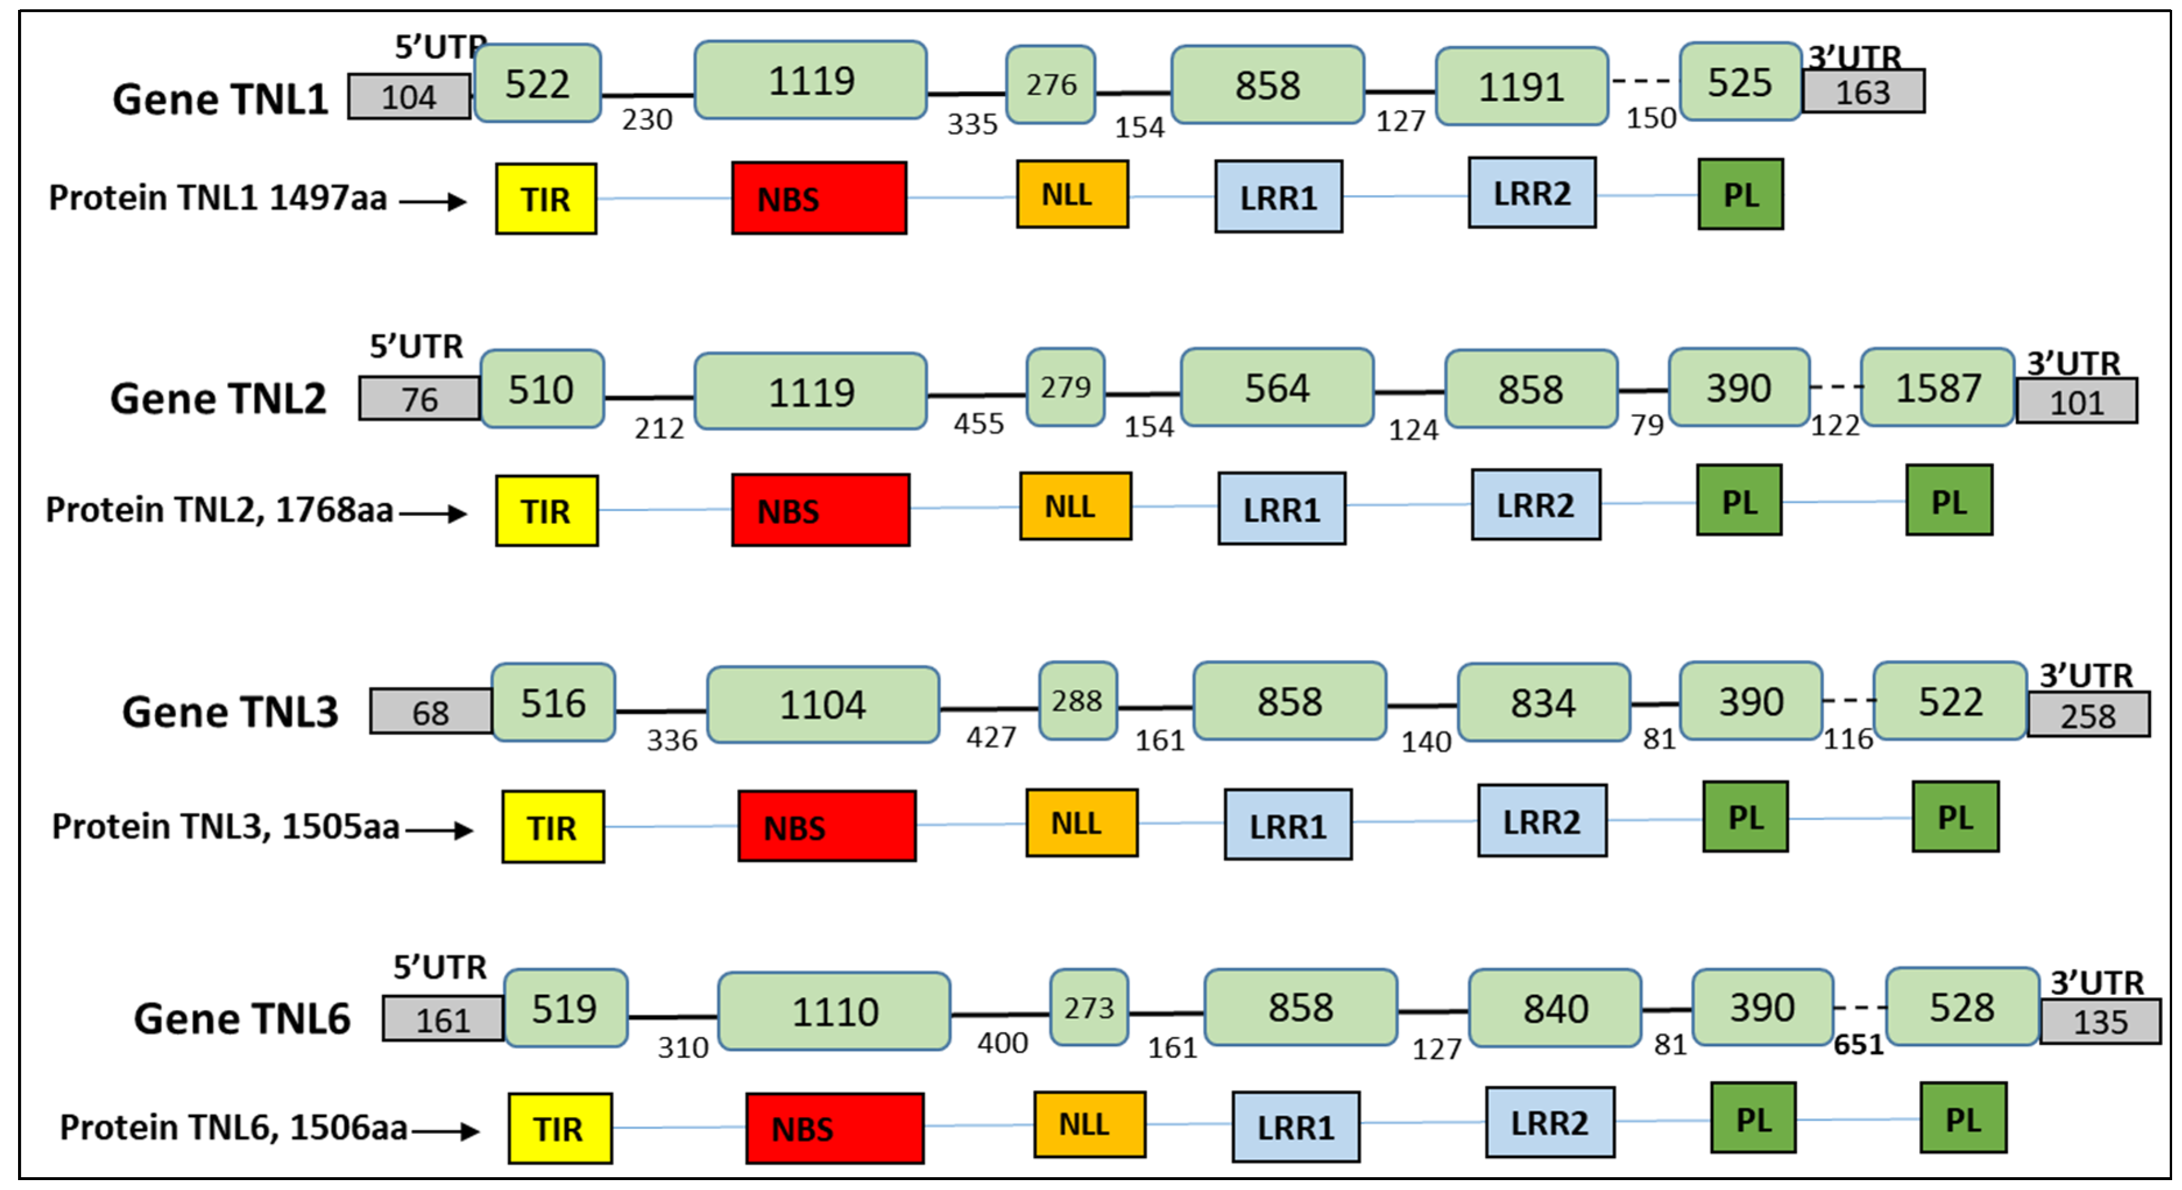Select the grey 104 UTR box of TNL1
pos(409,97)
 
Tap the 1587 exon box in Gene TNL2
pos(1937,388)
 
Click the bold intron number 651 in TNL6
pos(1858,1044)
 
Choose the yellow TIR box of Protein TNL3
pos(552,827)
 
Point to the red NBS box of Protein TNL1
pos(819,198)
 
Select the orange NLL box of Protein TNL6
pos(1089,1124)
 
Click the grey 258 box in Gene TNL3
pos(2088,716)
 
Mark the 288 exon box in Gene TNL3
pos(1078,700)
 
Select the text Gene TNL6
pos(242,1018)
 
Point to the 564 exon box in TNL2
pos(1277,388)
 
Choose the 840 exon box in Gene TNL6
pos(1554,1008)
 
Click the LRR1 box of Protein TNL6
pos(1295,1127)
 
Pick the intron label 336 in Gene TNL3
pos(672,740)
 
